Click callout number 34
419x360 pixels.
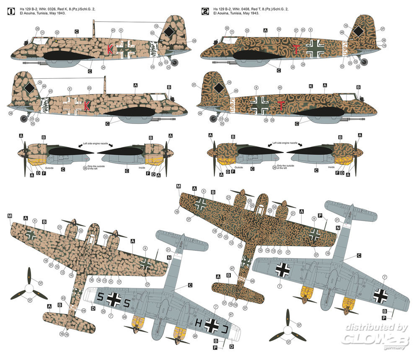tap(279, 29)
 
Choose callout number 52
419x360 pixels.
tap(343, 66)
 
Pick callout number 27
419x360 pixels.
tap(296, 30)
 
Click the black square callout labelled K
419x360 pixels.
tap(311, 86)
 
